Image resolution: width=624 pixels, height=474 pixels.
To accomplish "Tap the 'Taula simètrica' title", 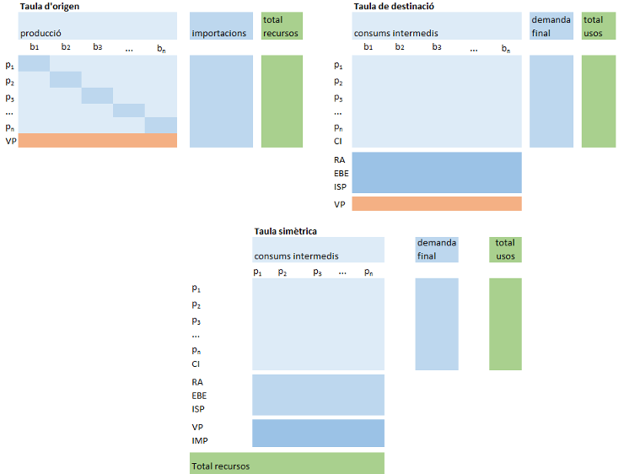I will coord(285,231).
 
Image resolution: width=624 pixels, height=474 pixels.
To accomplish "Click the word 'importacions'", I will coord(219,34).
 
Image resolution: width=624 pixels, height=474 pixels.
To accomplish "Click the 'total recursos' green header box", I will coord(282,26).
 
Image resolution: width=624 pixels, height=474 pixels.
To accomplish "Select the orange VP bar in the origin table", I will coord(97,141).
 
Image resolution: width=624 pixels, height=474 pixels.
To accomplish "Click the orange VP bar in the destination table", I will coord(436,203).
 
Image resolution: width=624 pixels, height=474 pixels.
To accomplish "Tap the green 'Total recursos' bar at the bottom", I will coord(287,464).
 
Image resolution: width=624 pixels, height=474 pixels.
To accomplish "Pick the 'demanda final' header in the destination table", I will coord(551,26).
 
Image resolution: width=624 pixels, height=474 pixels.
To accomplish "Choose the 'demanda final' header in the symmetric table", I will coord(437,250).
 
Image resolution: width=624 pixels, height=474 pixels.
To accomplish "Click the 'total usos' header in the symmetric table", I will coord(505,250).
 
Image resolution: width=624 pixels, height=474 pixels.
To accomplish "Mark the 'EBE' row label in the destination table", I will coord(341,171).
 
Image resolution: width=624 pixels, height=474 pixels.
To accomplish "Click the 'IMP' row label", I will coord(200,441).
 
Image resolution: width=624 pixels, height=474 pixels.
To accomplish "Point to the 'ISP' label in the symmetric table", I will coord(198,409).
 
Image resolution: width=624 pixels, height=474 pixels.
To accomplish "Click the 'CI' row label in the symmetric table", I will coord(196,364).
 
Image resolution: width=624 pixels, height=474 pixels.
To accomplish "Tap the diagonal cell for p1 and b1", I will coord(34,65).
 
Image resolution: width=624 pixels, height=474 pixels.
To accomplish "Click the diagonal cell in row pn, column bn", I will coord(160,126).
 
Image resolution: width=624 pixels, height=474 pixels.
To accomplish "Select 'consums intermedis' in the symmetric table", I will coord(296,256).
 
